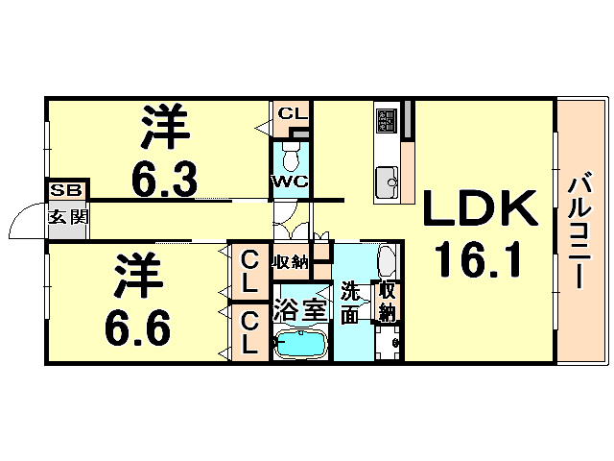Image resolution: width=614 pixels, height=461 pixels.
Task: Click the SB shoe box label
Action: tap(66, 190)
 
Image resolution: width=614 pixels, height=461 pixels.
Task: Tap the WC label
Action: tap(289, 182)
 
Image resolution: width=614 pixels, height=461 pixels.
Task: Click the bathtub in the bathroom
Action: tap(301, 343)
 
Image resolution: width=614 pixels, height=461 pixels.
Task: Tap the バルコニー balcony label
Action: tap(578, 231)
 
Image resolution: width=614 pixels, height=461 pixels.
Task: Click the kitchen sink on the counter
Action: tap(388, 180)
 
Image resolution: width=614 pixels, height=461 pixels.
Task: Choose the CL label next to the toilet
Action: tap(292, 114)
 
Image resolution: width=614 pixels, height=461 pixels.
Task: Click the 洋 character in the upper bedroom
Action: tap(164, 126)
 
